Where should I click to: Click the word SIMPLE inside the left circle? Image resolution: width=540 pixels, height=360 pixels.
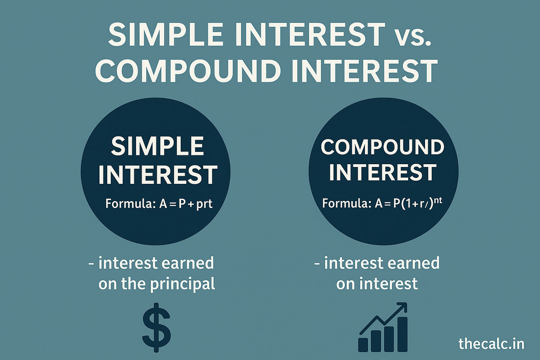(x=157, y=146)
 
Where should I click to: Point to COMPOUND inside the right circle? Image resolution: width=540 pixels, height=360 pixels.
(x=382, y=147)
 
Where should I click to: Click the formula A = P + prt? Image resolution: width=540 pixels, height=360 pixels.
(x=186, y=204)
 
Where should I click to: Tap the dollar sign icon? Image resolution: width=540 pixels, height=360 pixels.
(x=156, y=327)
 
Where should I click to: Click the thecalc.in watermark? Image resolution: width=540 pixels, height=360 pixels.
(x=491, y=343)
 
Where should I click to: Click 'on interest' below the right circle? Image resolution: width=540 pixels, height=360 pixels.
(x=377, y=284)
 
